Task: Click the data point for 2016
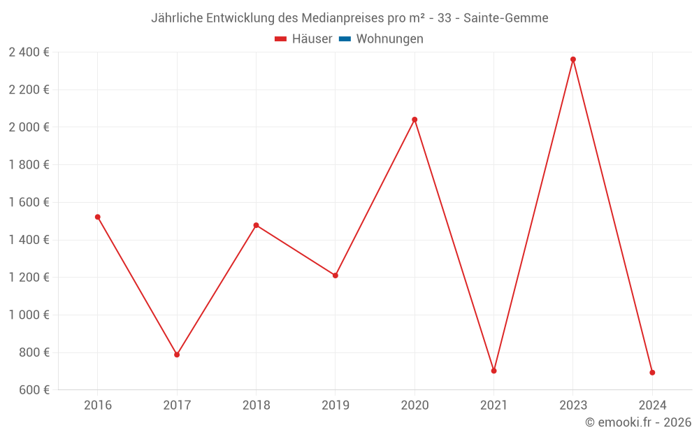98,217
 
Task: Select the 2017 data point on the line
177,354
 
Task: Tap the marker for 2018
256,225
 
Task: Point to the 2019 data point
336,275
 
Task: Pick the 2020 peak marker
415,120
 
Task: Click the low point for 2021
493,371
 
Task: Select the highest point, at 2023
573,59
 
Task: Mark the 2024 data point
652,373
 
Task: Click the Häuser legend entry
303,39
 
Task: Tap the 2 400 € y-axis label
29,52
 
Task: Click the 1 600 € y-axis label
29,202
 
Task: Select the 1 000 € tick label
29,315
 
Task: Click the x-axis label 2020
415,406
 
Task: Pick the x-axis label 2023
573,406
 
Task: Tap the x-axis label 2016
98,406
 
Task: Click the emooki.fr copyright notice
638,422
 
